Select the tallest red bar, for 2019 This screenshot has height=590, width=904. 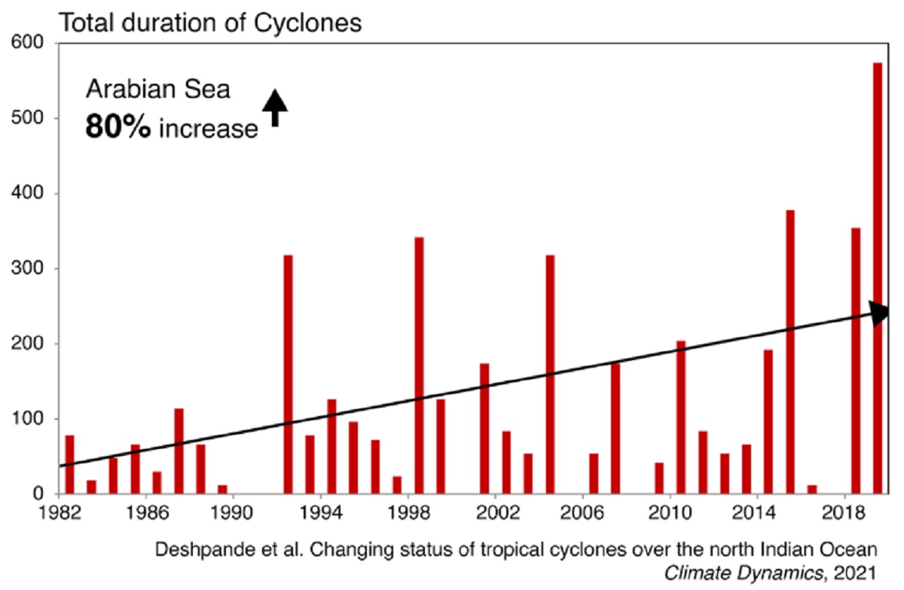878,278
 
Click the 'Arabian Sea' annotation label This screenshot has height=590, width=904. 157,90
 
